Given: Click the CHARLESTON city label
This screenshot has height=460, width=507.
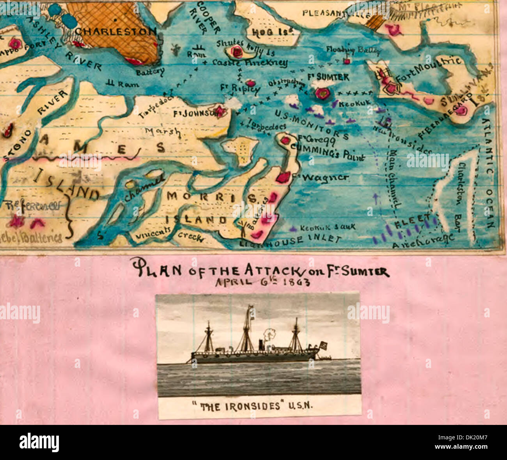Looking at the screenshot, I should (115, 32).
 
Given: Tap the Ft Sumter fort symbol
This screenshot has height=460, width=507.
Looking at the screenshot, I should (322, 93).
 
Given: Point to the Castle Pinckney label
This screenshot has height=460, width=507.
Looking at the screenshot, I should (250, 62).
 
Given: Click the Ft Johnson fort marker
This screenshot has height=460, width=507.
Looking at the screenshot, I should (221, 111).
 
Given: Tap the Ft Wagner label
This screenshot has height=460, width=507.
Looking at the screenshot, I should (324, 177).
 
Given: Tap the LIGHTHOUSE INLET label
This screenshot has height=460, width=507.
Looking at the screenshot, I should (290, 241).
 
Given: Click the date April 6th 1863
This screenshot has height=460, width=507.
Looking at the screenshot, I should (262, 281).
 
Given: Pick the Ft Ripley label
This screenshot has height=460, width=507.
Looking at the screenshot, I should (239, 88).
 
